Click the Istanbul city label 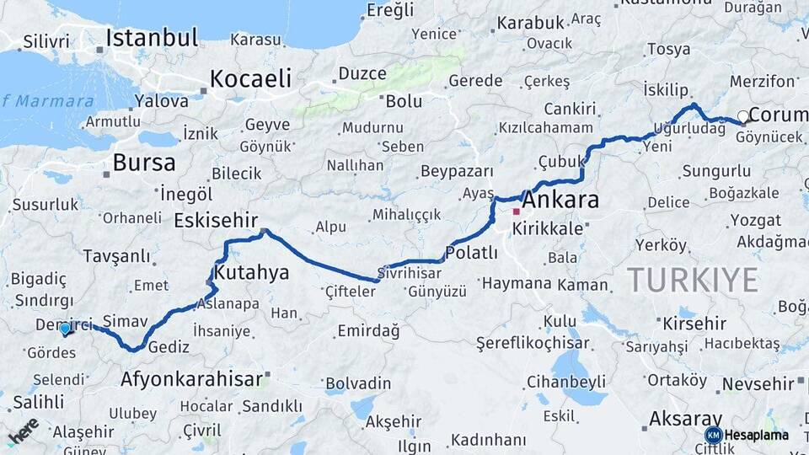coord(152,38)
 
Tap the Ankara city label coord(560,201)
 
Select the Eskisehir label coord(216,221)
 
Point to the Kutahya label coord(251,273)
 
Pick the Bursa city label coord(144,163)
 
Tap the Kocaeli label coord(250,79)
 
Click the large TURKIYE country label coord(692,280)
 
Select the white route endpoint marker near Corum coord(742,116)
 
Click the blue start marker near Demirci coord(65,329)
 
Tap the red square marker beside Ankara coord(516,211)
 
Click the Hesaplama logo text coord(756,435)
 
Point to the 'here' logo coord(24,430)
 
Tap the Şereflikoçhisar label coord(532,344)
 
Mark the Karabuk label coord(529,24)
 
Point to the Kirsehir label coord(694,324)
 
